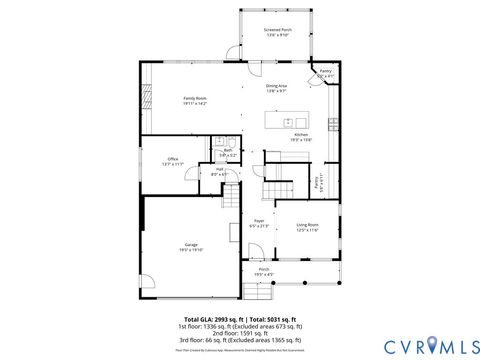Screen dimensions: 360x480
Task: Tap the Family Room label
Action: click(x=194, y=100)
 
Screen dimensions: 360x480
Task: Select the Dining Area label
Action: click(x=276, y=88)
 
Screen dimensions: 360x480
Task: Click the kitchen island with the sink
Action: click(x=291, y=119)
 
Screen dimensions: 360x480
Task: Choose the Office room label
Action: click(x=172, y=161)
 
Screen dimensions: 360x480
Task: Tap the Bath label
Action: click(x=228, y=152)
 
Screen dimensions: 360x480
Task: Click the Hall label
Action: click(x=219, y=172)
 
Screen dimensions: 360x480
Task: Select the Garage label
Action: click(x=191, y=247)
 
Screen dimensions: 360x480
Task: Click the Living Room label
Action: click(x=306, y=227)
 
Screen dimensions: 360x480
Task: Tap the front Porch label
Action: click(x=264, y=271)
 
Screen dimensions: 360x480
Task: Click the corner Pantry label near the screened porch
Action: click(x=325, y=73)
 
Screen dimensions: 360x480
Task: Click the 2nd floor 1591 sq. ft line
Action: click(x=240, y=333)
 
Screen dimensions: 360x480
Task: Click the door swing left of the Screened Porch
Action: click(x=233, y=52)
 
